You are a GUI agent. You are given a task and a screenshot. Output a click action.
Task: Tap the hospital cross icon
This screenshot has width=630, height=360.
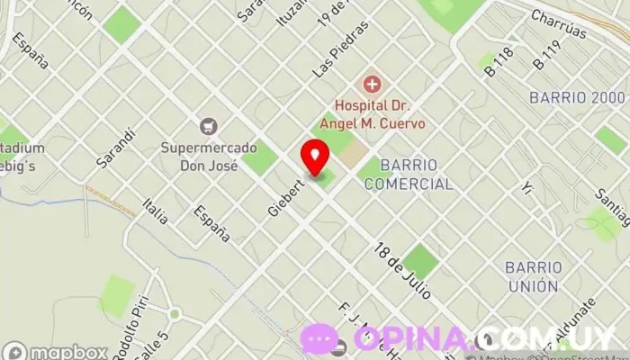[x=371, y=85]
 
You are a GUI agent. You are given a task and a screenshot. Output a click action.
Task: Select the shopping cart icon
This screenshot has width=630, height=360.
[x=210, y=127]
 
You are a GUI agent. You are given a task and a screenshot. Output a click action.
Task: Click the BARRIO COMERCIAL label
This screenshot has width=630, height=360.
[x=409, y=175]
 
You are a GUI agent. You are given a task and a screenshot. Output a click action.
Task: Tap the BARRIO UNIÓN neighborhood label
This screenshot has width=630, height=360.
[x=533, y=276]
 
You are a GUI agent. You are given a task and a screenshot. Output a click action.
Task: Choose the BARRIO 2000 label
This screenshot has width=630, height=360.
[x=577, y=97]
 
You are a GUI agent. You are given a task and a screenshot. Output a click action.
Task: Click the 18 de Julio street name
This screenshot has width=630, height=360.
[x=403, y=270]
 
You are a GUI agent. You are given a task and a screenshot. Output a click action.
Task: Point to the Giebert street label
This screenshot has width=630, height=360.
[x=283, y=195]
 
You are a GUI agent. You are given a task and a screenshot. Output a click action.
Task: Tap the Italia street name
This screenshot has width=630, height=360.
[x=156, y=212]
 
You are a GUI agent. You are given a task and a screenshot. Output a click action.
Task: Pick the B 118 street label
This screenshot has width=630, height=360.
[x=499, y=59]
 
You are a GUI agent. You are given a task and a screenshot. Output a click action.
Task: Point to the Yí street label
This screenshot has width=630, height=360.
[x=528, y=188]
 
